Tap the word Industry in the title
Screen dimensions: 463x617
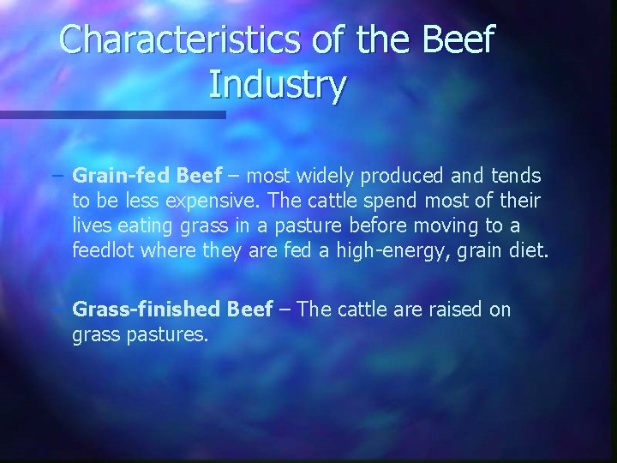(x=277, y=85)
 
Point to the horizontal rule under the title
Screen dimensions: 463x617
(x=112, y=113)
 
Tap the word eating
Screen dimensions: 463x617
(x=147, y=226)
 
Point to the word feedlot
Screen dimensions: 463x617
(x=103, y=251)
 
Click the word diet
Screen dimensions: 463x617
(x=524, y=251)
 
